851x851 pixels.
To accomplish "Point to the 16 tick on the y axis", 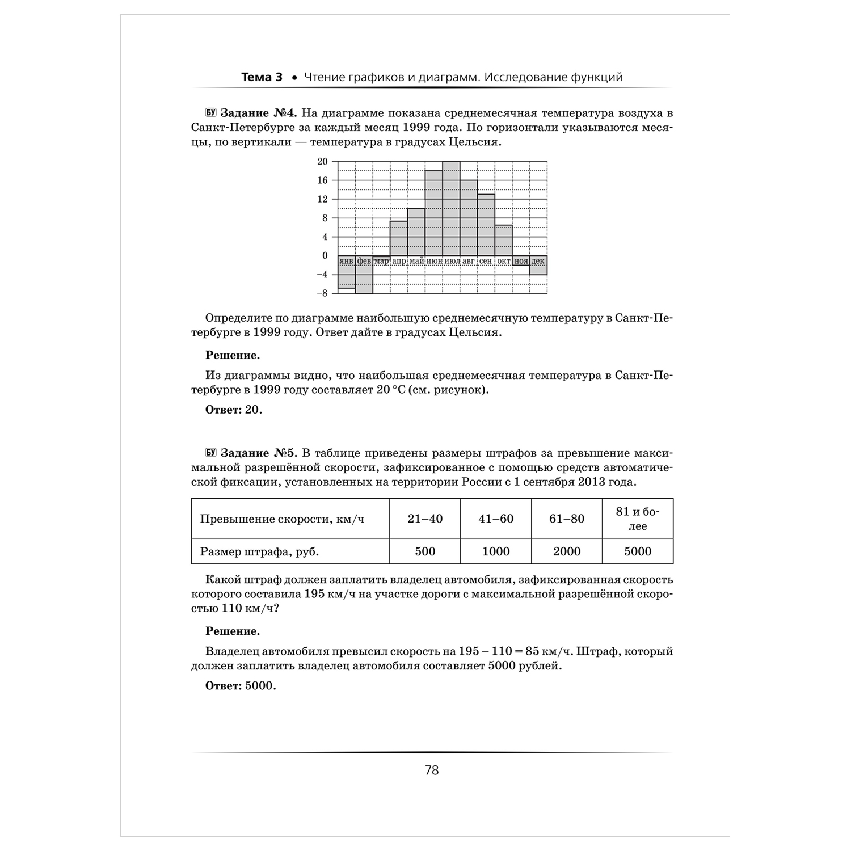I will [x=322, y=180].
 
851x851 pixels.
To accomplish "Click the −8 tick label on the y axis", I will [x=321, y=293].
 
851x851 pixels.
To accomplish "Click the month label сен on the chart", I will [x=486, y=261].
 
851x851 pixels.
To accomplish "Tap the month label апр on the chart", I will [x=399, y=261].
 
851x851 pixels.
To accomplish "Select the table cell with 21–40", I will [x=425, y=519].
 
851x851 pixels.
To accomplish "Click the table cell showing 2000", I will [x=567, y=551].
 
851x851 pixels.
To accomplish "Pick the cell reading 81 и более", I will [x=638, y=519].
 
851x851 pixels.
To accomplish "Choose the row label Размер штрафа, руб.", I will [x=255, y=551].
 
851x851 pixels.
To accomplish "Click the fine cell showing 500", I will [x=425, y=551].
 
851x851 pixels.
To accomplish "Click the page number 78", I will [x=432, y=770].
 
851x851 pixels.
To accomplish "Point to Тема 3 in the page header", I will [x=262, y=77].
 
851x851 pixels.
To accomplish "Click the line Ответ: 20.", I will [x=234, y=410].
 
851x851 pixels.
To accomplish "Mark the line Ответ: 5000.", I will [x=241, y=686].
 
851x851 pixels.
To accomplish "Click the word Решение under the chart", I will [x=233, y=356].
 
